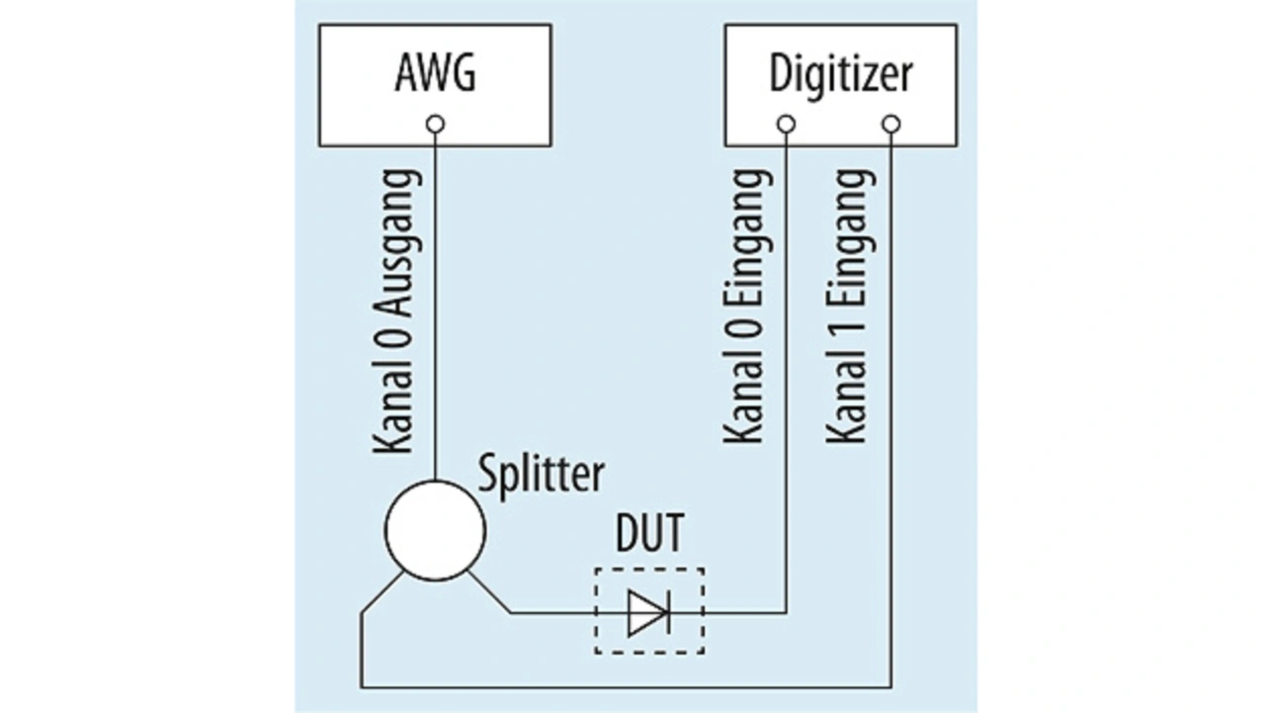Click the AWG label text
pyautogui.click(x=435, y=73)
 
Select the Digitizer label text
pyautogui.click(x=841, y=75)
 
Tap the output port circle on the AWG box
pyautogui.click(x=435, y=125)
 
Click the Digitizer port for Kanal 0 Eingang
pyautogui.click(x=786, y=125)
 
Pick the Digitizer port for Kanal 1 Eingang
pyautogui.click(x=891, y=125)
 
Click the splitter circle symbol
pyautogui.click(x=435, y=530)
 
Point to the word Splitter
pyautogui.click(x=541, y=477)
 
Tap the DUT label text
pyautogui.click(x=649, y=533)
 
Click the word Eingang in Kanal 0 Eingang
pyautogui.click(x=749, y=236)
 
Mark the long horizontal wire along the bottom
pyautogui.click(x=626, y=687)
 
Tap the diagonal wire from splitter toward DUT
pyautogui.click(x=489, y=592)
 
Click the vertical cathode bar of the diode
pyautogui.click(x=669, y=612)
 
